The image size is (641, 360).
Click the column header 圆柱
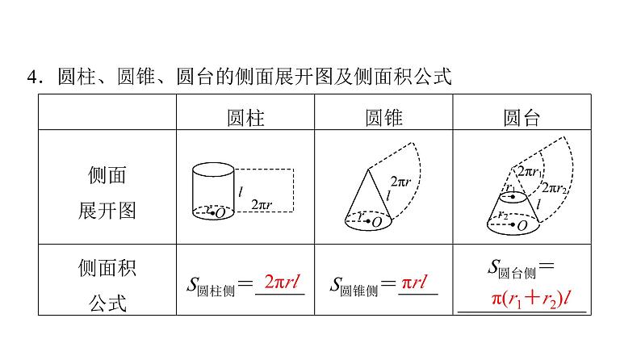245,118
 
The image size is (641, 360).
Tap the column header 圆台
522,118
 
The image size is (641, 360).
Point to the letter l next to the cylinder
241,191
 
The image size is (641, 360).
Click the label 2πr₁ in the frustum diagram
530,171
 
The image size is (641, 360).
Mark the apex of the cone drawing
369,168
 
